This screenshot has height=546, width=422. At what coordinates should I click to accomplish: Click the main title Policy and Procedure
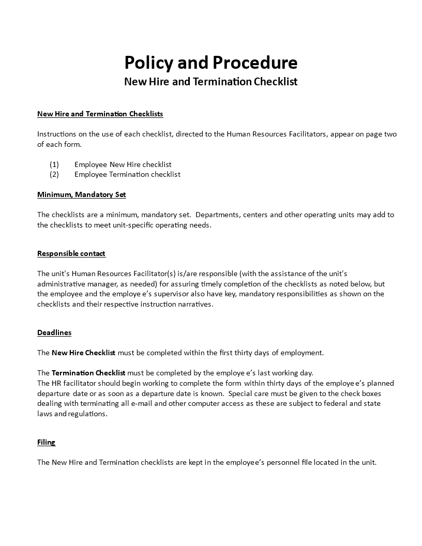click(x=210, y=63)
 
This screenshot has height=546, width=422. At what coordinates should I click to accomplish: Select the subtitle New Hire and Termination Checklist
click(x=210, y=82)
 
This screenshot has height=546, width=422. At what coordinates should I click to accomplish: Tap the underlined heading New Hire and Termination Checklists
click(x=100, y=114)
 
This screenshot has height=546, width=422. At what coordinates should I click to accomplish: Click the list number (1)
click(x=54, y=164)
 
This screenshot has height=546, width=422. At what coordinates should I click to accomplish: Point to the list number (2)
click(x=54, y=174)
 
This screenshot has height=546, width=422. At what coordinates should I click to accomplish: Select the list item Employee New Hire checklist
click(x=123, y=164)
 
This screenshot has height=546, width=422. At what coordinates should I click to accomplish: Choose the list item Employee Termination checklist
click(x=127, y=174)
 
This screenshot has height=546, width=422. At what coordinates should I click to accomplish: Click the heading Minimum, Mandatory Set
click(x=81, y=194)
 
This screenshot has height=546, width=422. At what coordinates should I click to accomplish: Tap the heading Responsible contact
click(x=71, y=253)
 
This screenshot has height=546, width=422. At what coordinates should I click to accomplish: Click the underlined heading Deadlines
click(x=54, y=332)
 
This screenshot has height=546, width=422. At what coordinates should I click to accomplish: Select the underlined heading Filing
click(x=46, y=442)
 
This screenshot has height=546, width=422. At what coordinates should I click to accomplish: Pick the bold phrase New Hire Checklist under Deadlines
click(x=83, y=353)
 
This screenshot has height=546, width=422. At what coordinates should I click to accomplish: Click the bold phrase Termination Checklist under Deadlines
click(x=88, y=373)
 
